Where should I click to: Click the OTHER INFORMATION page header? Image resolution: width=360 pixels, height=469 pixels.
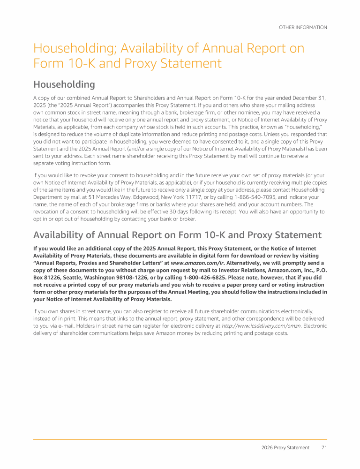coord(303,27)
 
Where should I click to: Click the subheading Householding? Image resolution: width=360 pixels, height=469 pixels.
coord(64,84)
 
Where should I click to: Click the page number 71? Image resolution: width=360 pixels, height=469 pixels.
coord(324,447)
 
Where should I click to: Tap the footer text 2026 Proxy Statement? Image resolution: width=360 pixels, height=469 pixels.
coord(285,447)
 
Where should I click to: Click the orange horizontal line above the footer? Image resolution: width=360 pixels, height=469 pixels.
coord(180,439)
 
